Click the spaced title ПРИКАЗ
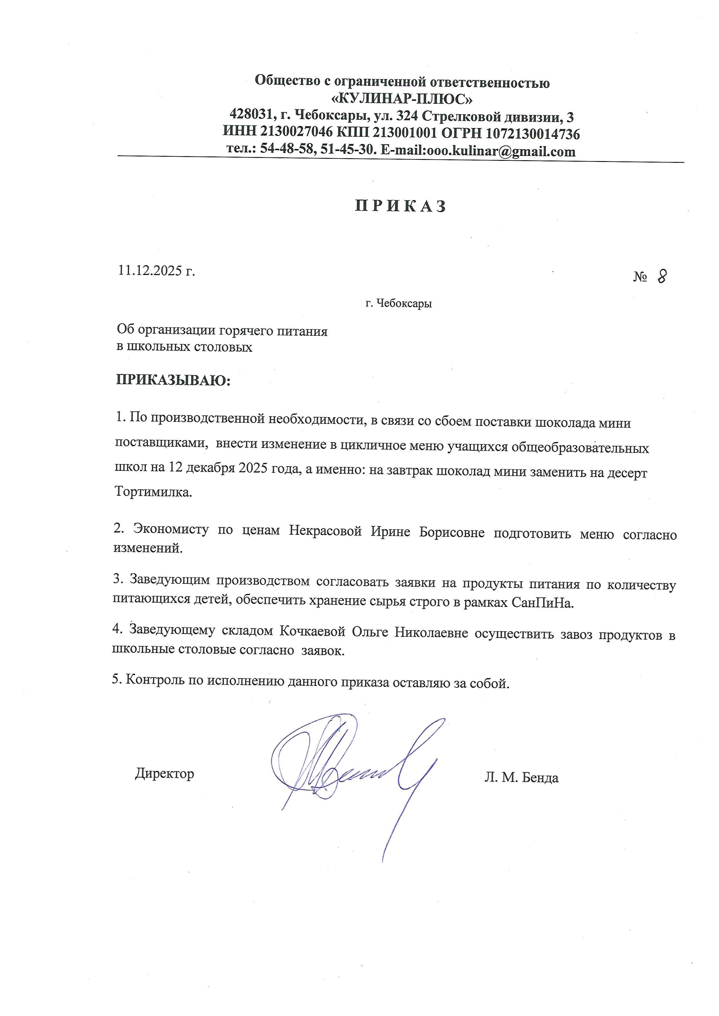click(401, 206)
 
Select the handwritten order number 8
click(661, 276)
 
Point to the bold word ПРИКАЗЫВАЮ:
click(173, 380)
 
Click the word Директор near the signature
click(164, 774)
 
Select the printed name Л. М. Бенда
click(521, 778)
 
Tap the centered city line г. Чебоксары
click(398, 304)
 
